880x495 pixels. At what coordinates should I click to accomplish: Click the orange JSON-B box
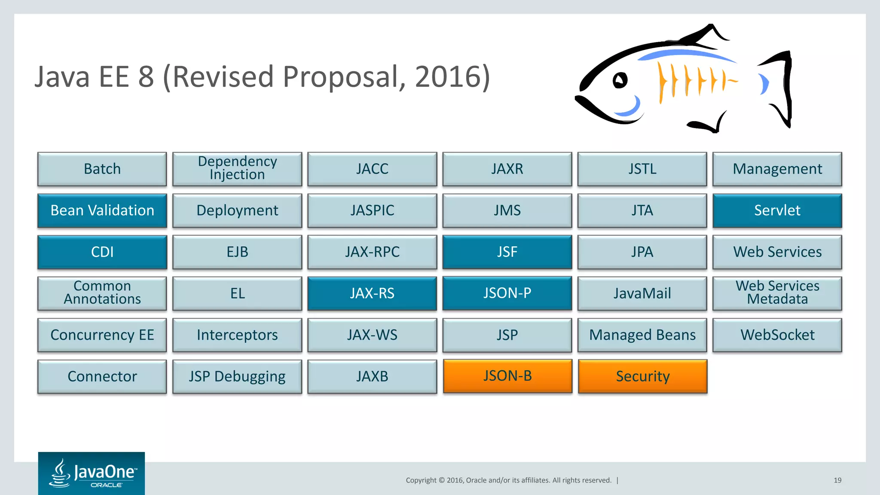point(507,376)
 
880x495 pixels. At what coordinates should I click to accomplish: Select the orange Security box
point(642,376)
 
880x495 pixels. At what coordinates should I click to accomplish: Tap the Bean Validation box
point(102,211)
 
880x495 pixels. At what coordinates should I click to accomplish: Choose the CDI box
point(102,252)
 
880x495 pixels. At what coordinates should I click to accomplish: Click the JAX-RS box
point(372,293)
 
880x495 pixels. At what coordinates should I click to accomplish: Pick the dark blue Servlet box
point(777,211)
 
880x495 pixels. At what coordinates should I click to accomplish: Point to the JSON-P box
point(507,293)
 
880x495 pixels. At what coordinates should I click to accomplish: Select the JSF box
point(507,252)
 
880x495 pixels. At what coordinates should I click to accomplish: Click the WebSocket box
point(777,335)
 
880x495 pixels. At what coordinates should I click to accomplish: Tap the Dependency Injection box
point(237,168)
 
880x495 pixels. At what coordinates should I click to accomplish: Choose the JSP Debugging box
point(237,376)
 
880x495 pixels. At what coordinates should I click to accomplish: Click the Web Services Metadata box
point(777,293)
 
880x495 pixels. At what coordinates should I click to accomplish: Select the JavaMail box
point(642,293)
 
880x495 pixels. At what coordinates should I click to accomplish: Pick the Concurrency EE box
point(102,335)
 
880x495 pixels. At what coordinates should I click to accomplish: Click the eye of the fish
point(620,80)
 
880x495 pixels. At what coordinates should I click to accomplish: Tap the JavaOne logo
point(92,474)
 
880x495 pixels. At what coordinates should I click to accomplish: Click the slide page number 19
point(837,480)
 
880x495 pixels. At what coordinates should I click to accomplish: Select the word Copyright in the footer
point(421,480)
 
